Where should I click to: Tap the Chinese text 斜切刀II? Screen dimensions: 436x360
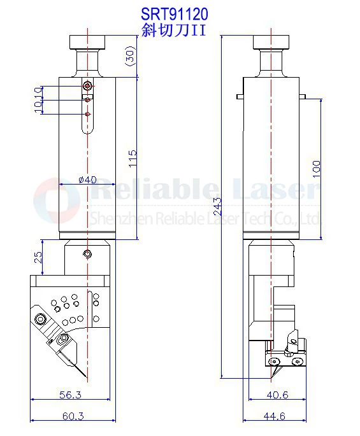pyautogui.click(x=173, y=29)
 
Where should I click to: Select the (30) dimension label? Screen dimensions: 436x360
pyautogui.click(x=129, y=57)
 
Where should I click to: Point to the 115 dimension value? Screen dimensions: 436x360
pyautogui.click(x=132, y=158)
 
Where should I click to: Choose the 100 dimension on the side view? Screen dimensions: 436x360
pyautogui.click(x=317, y=168)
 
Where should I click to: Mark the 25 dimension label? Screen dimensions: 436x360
pyautogui.click(x=39, y=257)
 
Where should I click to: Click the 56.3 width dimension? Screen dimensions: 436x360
pyautogui.click(x=70, y=395)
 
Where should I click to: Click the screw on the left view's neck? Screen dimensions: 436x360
pyautogui.click(x=87, y=255)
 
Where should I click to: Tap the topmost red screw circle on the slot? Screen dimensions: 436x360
pyautogui.click(x=88, y=85)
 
